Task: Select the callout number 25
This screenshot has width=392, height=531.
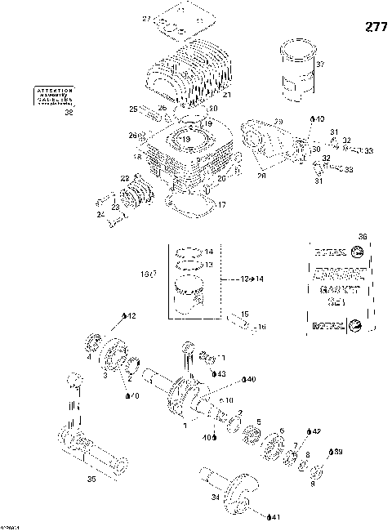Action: click(x=133, y=109)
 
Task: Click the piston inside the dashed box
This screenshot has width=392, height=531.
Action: click(x=194, y=295)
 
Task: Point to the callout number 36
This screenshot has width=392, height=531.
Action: click(x=363, y=237)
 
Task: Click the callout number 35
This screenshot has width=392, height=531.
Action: click(x=91, y=480)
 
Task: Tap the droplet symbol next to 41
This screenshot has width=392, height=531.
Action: click(x=269, y=516)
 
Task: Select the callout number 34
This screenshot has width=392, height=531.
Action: click(x=215, y=497)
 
